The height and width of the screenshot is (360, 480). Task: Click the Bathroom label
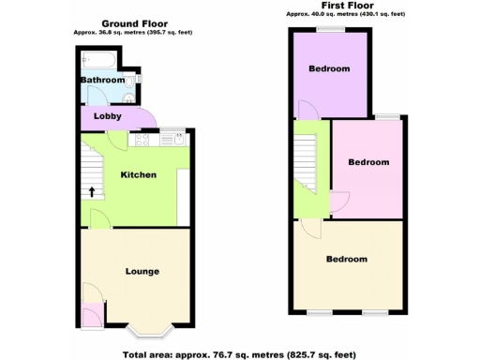[102, 81]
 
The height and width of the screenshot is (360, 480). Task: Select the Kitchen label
[138, 175]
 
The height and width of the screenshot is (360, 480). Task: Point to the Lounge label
[142, 272]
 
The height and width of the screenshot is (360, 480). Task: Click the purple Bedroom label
[329, 69]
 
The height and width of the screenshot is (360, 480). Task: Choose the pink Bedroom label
[368, 162]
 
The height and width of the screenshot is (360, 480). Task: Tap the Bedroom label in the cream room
[346, 259]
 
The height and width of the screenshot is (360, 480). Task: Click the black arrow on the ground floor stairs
[92, 193]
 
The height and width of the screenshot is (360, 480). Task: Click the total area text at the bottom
[239, 353]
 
